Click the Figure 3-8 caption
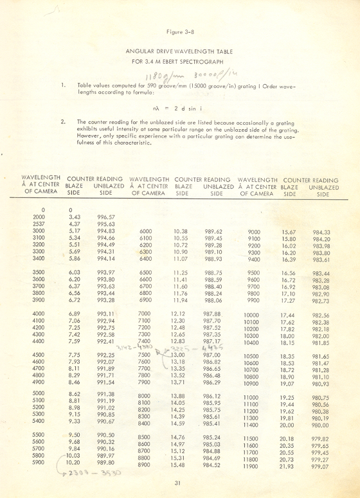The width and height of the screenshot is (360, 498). pos(179,31)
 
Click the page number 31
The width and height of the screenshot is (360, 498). pos(180,485)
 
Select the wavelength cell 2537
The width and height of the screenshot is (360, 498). pos(39,224)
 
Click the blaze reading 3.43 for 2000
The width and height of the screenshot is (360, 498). pos(74,217)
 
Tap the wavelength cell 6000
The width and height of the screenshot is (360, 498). pos(146,231)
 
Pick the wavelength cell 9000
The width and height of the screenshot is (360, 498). pos(253,231)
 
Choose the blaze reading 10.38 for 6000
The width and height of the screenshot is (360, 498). pos(180,231)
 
